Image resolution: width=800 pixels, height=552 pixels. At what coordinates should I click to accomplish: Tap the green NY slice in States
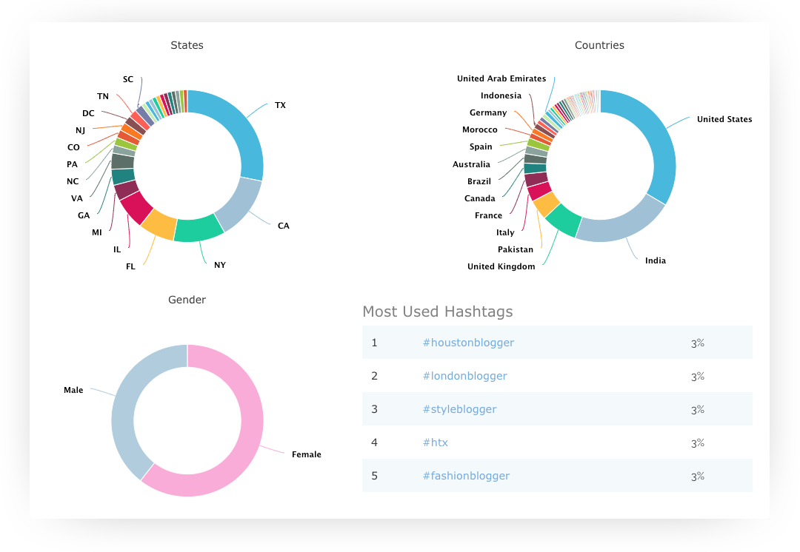pos(199,229)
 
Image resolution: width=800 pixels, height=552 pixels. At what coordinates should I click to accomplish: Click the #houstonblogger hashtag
pos(468,343)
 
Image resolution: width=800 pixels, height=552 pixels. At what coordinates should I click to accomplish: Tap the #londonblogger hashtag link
pos(464,376)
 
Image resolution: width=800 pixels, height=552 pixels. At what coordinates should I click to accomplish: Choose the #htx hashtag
pos(435,442)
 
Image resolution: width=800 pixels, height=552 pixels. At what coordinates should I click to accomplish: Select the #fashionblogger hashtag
pos(466,476)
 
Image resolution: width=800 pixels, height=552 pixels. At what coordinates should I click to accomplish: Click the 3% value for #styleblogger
pos(697,409)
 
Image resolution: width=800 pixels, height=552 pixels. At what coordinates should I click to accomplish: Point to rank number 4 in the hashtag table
pos(375,442)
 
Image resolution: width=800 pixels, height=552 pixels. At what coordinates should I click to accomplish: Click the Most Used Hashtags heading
pos(437,312)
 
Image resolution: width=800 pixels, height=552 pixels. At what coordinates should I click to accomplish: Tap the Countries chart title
pos(599,45)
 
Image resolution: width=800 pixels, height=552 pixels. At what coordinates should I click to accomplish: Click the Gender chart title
pos(187,300)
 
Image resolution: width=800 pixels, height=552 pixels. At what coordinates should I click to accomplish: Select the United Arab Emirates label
pos(501,78)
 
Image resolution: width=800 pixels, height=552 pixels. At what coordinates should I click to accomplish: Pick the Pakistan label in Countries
pos(516,249)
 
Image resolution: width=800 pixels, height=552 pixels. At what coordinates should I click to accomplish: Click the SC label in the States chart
pos(128,79)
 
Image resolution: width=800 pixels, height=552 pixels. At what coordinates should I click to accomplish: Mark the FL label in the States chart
pos(130,266)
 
